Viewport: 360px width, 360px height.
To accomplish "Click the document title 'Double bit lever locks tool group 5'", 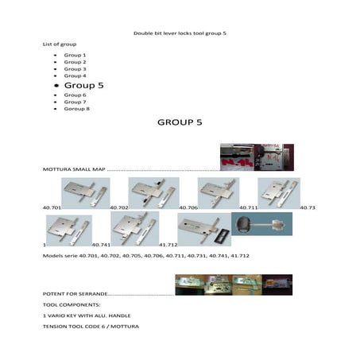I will [x=180, y=33].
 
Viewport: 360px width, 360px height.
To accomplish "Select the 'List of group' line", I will [x=59, y=44].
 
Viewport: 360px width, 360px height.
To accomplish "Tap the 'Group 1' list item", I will [x=75, y=55].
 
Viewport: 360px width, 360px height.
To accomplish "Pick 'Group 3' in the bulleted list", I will [x=75, y=69].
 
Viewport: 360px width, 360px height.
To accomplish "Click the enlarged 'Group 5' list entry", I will [x=83, y=84].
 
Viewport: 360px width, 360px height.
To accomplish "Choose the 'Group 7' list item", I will [x=75, y=102].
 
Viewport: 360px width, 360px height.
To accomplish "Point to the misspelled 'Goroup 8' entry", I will [x=76, y=109].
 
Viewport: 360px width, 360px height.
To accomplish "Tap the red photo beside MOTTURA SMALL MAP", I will [x=256, y=157].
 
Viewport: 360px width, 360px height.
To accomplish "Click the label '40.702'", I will [x=118, y=207].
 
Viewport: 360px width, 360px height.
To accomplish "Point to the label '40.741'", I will [x=101, y=245].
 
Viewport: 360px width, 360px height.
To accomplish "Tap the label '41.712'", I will [x=168, y=245].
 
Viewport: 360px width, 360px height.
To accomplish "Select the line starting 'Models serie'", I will [x=146, y=255].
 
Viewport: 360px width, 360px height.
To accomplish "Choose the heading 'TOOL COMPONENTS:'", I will [x=71, y=304].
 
